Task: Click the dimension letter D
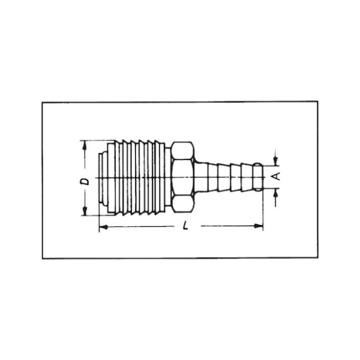point(85,181)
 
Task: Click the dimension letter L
point(185,226)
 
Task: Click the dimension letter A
point(276,176)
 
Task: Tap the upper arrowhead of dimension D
point(85,145)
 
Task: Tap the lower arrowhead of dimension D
point(85,212)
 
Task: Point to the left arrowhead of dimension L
point(104,227)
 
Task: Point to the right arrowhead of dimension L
point(258,226)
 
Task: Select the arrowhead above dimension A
point(276,161)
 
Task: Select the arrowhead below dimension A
point(276,193)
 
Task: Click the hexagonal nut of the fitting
point(183,177)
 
